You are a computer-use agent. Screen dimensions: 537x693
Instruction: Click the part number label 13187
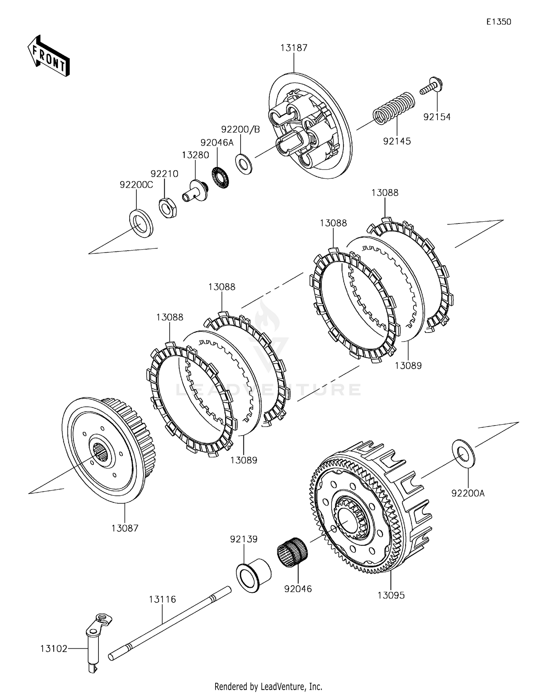pyautogui.click(x=294, y=48)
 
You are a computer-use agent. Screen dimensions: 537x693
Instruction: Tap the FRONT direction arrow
pyautogui.click(x=48, y=56)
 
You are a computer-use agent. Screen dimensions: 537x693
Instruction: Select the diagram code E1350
pyautogui.click(x=499, y=22)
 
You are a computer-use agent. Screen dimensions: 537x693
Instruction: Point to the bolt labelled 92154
pyautogui.click(x=431, y=85)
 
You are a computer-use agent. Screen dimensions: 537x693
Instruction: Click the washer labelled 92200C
pyautogui.click(x=141, y=224)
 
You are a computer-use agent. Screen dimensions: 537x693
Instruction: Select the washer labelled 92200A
pyautogui.click(x=464, y=453)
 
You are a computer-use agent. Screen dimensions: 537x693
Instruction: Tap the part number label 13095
pyautogui.click(x=391, y=595)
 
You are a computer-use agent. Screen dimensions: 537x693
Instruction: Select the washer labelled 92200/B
pyautogui.click(x=244, y=163)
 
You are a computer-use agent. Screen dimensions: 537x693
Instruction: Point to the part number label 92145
pyautogui.click(x=397, y=141)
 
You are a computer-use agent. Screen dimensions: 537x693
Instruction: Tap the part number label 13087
pyautogui.click(x=125, y=528)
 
